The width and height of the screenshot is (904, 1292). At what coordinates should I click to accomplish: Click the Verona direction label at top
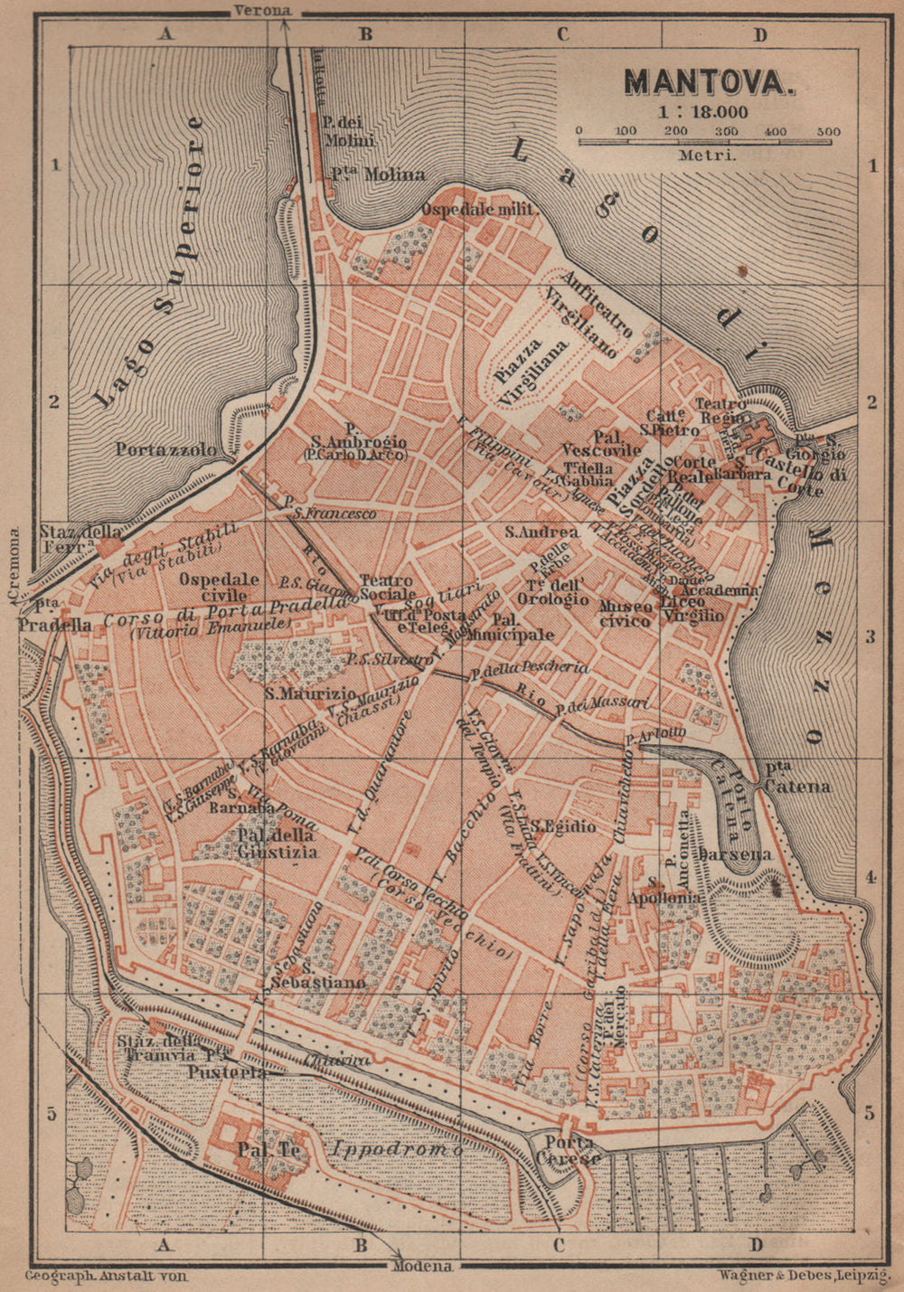[262, 10]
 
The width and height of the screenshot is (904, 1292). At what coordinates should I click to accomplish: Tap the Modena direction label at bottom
[422, 1267]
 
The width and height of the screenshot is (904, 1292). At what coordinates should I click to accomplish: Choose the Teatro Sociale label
[386, 588]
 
